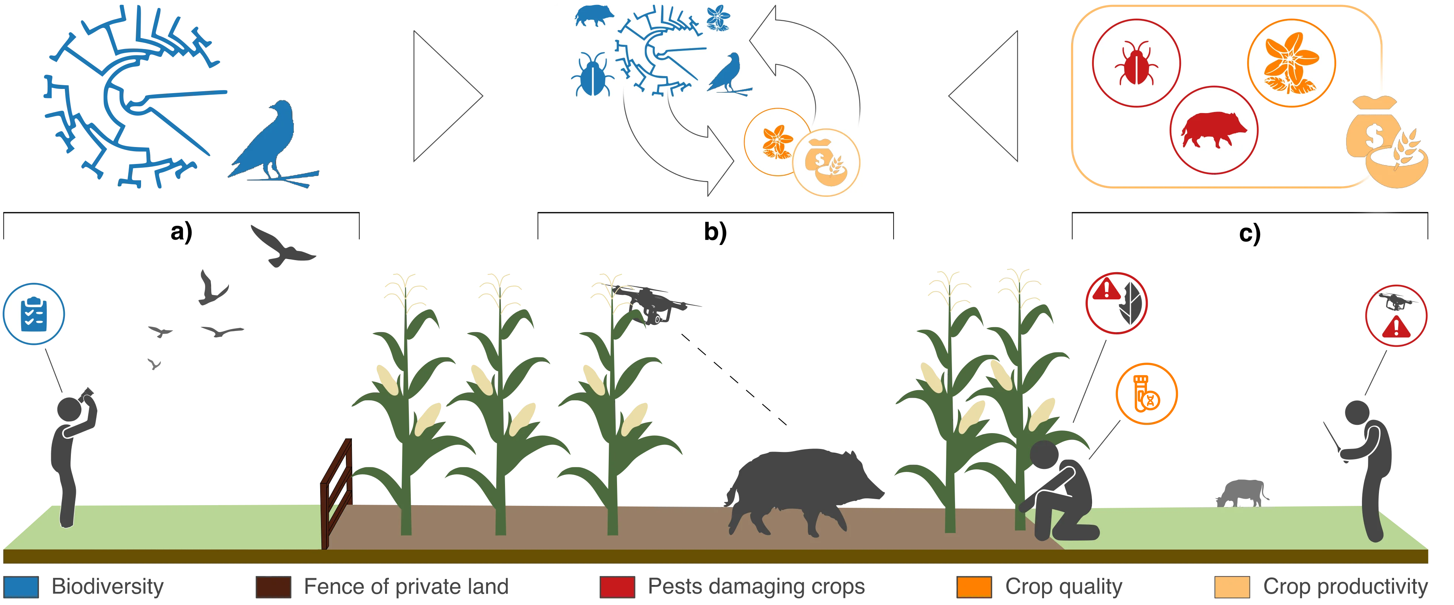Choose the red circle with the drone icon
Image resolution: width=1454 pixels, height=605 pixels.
1395,315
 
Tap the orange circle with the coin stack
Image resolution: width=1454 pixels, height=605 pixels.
1146,394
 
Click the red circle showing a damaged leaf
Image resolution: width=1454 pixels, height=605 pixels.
1116,303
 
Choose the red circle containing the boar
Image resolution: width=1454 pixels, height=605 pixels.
1213,130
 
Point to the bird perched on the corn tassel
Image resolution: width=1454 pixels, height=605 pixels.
655,305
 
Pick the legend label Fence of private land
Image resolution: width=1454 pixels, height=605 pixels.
406,587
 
